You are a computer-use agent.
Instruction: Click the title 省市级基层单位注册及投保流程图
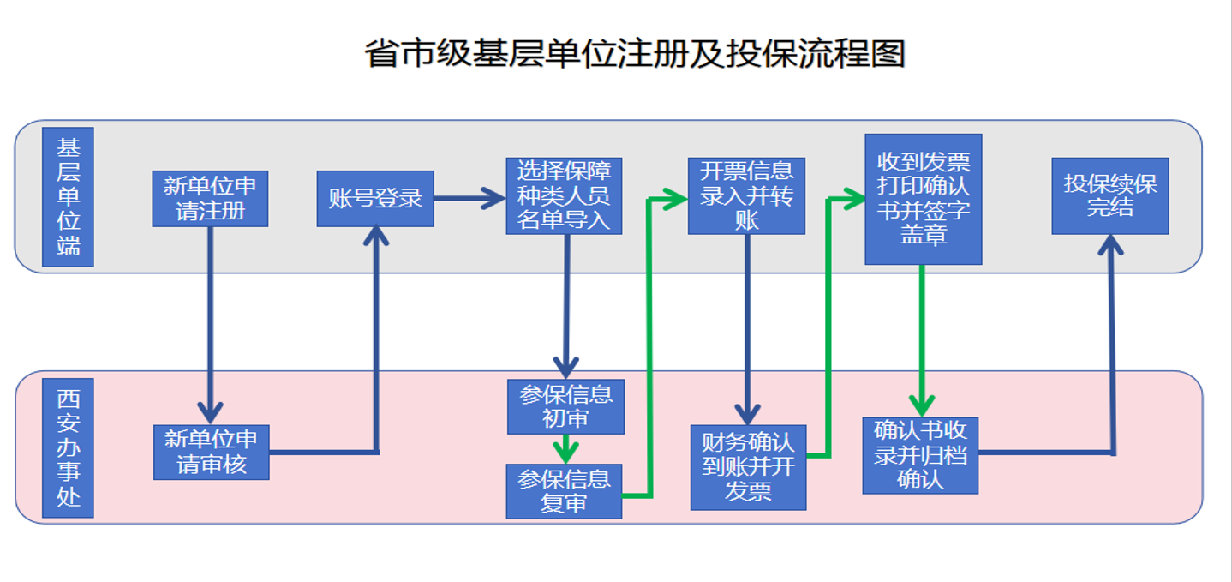(x=634, y=53)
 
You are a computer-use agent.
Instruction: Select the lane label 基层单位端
(x=68, y=197)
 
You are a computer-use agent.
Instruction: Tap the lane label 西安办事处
(x=68, y=447)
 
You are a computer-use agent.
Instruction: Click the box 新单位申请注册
(x=210, y=198)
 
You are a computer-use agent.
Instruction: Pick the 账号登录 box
(x=375, y=199)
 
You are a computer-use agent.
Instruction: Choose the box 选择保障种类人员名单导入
(x=564, y=195)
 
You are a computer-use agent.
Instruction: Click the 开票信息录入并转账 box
(x=746, y=195)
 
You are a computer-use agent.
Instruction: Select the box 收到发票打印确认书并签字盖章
(x=923, y=199)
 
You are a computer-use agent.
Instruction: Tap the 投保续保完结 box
(x=1109, y=196)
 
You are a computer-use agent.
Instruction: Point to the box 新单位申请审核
(x=211, y=452)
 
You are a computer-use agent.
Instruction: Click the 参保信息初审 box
(x=565, y=406)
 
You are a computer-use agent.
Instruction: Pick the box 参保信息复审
(x=564, y=491)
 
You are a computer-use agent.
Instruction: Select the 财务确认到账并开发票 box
(x=748, y=466)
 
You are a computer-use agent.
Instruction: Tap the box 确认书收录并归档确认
(x=920, y=455)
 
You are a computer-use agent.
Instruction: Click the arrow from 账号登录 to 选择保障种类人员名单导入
(x=469, y=200)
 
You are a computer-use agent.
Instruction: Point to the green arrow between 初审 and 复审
(x=565, y=449)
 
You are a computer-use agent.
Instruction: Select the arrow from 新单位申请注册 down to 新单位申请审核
(x=210, y=326)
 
